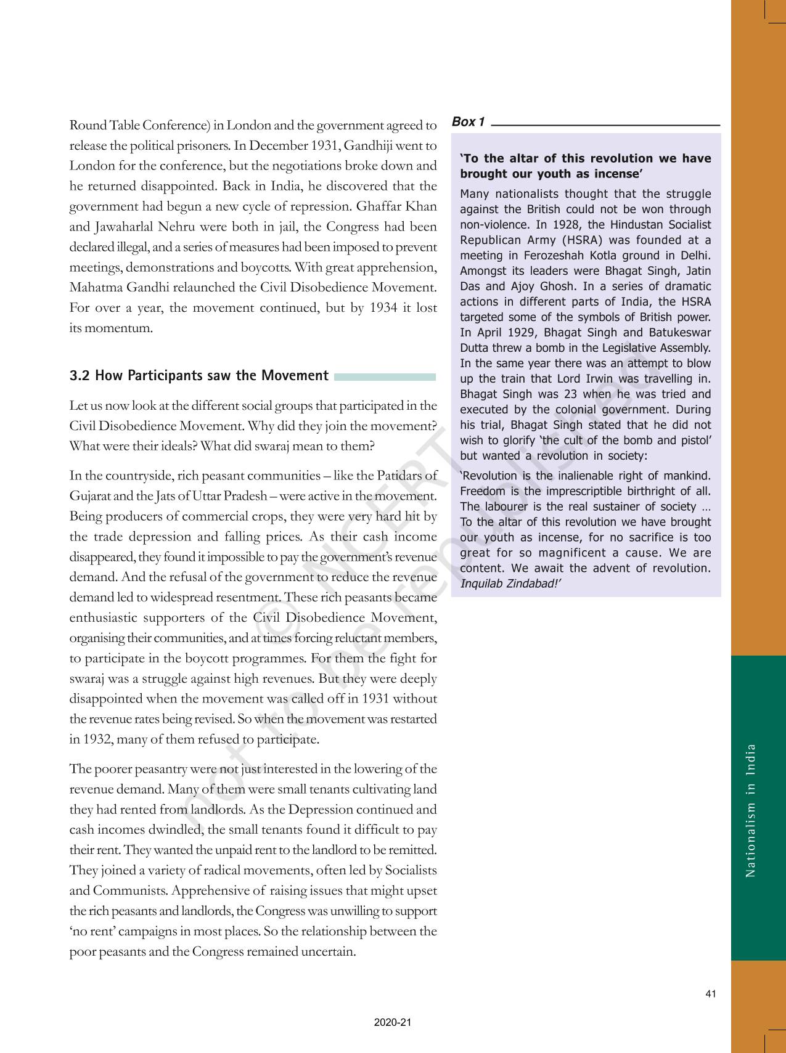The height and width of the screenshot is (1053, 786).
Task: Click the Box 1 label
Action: (x=468, y=122)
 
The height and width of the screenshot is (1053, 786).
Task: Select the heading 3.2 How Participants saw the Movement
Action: (x=199, y=376)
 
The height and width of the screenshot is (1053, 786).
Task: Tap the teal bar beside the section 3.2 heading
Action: (x=385, y=376)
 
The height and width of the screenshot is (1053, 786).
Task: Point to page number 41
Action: (x=711, y=993)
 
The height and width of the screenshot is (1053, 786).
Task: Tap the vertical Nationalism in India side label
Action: (x=750, y=810)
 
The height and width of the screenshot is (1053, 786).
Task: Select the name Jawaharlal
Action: (x=122, y=227)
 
